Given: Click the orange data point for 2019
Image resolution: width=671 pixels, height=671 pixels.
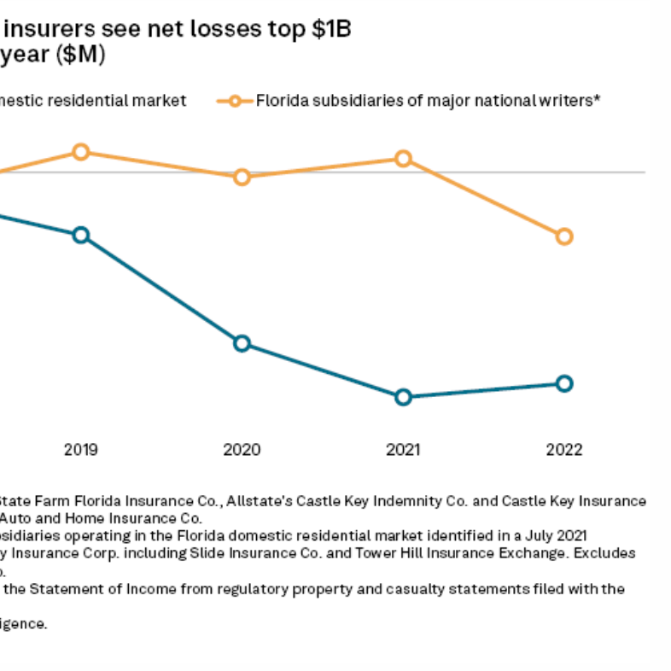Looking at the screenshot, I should (x=80, y=152).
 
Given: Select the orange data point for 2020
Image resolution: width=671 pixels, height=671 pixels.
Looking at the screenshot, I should (x=242, y=177).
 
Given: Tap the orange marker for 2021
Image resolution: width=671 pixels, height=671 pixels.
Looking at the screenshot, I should (x=403, y=159).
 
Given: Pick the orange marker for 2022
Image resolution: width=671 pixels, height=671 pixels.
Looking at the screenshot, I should (x=563, y=236).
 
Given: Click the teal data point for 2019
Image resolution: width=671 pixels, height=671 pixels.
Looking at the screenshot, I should (x=80, y=235).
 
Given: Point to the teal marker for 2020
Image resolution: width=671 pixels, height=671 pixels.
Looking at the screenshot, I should (x=242, y=343).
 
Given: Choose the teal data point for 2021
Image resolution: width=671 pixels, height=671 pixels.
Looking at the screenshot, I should (x=403, y=397).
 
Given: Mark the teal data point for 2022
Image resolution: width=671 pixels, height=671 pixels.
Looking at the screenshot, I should (x=563, y=383).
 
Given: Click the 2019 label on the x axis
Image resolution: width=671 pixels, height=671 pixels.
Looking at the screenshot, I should (x=80, y=450).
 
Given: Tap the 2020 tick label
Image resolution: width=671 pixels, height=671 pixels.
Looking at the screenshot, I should (x=242, y=450).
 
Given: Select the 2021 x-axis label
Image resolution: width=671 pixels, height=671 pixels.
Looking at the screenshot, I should (x=403, y=450).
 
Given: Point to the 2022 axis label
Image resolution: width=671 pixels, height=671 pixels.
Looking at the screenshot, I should (x=563, y=450).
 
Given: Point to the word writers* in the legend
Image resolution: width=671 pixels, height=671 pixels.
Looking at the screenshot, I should (x=573, y=101).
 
